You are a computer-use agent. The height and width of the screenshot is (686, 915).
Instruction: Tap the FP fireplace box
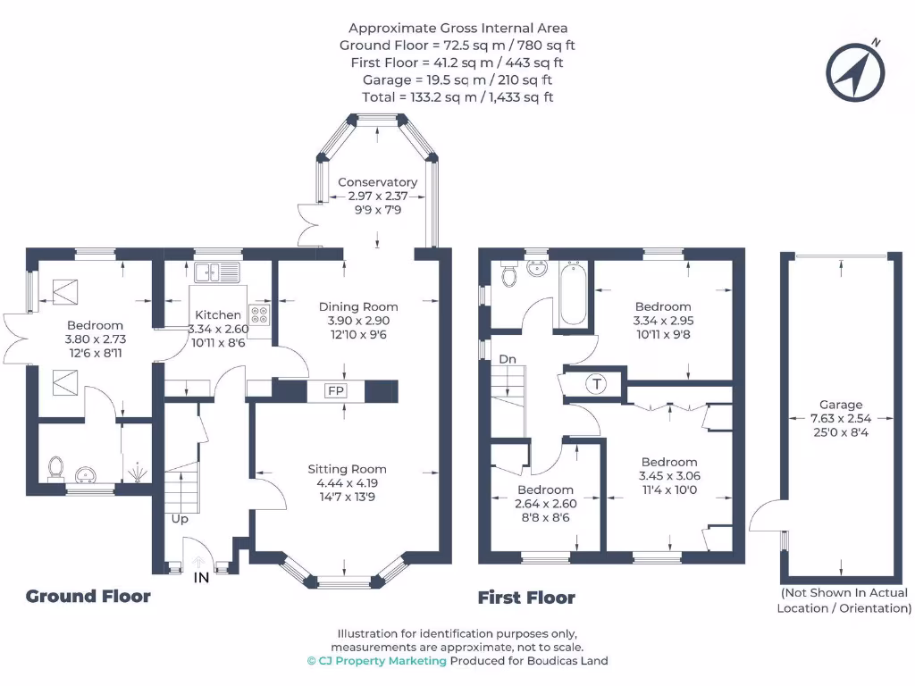336,391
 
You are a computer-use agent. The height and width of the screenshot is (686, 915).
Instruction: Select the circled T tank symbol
596,384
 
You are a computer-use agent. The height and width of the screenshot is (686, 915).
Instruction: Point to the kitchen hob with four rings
260,314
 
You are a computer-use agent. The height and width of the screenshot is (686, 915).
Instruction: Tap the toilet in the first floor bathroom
509,274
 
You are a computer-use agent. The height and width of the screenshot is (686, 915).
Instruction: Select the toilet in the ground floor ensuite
56,467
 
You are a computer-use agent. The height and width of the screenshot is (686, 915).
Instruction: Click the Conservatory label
377,182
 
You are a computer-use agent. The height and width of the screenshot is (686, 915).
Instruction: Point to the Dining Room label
357,306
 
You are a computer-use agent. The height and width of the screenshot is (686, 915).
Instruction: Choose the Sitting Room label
347,469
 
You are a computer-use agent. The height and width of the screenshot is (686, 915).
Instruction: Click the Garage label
840,405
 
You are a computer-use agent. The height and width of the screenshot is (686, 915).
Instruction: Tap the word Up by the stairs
180,518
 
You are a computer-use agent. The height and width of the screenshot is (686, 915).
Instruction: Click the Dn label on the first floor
508,358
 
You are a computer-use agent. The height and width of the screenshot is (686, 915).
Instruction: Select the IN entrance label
202,578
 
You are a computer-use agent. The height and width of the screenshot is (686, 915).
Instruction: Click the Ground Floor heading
88,596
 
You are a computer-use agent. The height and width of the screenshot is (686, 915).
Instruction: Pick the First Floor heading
526,598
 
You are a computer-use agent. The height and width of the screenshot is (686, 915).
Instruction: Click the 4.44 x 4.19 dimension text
347,483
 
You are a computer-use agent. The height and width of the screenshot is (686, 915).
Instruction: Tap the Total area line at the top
457,96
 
